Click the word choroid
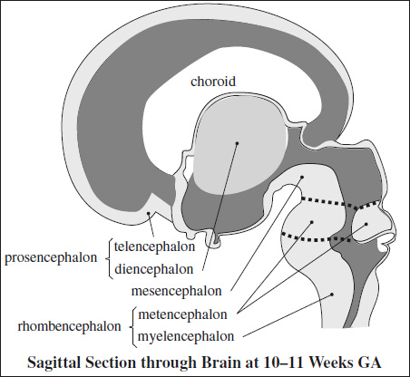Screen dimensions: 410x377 [213, 82]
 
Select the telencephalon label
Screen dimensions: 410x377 [154, 246]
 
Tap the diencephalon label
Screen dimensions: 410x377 [153, 269]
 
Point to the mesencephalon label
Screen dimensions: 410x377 [177, 291]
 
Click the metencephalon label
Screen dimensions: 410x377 [182, 314]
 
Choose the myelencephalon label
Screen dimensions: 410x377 [186, 336]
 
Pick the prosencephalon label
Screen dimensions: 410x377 [51, 258]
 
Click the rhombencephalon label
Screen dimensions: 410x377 [69, 326]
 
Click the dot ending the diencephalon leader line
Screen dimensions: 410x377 [237, 143]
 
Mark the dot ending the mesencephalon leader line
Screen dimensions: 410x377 [302, 177]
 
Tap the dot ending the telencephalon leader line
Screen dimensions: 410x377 [149, 213]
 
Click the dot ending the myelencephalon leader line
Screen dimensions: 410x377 [332, 294]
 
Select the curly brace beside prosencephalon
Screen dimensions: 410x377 [109, 258]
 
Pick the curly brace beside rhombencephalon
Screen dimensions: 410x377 [132, 327]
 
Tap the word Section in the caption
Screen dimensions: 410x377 [111, 362]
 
